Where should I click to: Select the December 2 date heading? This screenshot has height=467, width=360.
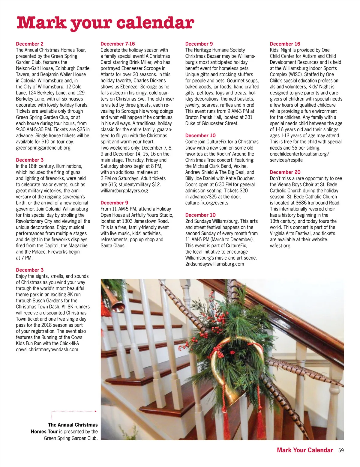point(30,44)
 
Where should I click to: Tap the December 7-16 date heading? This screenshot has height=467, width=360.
point(118,44)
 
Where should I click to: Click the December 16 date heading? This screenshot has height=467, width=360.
point(285,44)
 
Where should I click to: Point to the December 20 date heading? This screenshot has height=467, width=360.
point(285,172)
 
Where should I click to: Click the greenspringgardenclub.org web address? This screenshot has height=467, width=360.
point(43,148)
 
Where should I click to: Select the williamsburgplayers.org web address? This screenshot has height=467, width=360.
point(124,191)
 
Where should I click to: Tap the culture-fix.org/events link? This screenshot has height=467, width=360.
point(206,203)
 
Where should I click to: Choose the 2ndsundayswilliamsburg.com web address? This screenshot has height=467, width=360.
point(214,264)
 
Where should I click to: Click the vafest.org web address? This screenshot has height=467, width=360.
point(280,246)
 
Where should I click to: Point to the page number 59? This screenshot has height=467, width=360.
point(341,451)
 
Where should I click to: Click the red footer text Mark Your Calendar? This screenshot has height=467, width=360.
point(305,450)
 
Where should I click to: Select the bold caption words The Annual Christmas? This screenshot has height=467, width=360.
point(73,425)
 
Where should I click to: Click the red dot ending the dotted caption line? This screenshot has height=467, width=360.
point(95,411)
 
